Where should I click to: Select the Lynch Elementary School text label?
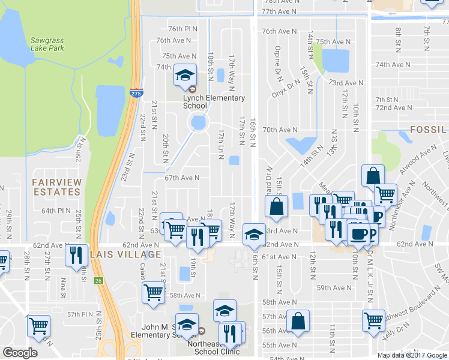click(x=214, y=102)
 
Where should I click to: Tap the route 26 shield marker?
click(x=98, y=280)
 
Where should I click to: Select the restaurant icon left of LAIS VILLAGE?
click(x=76, y=256)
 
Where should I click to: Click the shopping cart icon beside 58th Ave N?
click(x=153, y=293)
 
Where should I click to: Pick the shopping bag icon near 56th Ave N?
click(x=298, y=321)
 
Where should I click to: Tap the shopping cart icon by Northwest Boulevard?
click(x=373, y=321)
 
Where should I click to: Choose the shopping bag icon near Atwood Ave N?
click(x=373, y=176)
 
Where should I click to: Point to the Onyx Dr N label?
click(x=285, y=90)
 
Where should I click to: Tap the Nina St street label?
click(x=63, y=287)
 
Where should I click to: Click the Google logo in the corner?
click(x=20, y=353)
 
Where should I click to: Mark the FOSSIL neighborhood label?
click(x=429, y=130)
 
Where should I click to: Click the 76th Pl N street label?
click(x=182, y=29)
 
